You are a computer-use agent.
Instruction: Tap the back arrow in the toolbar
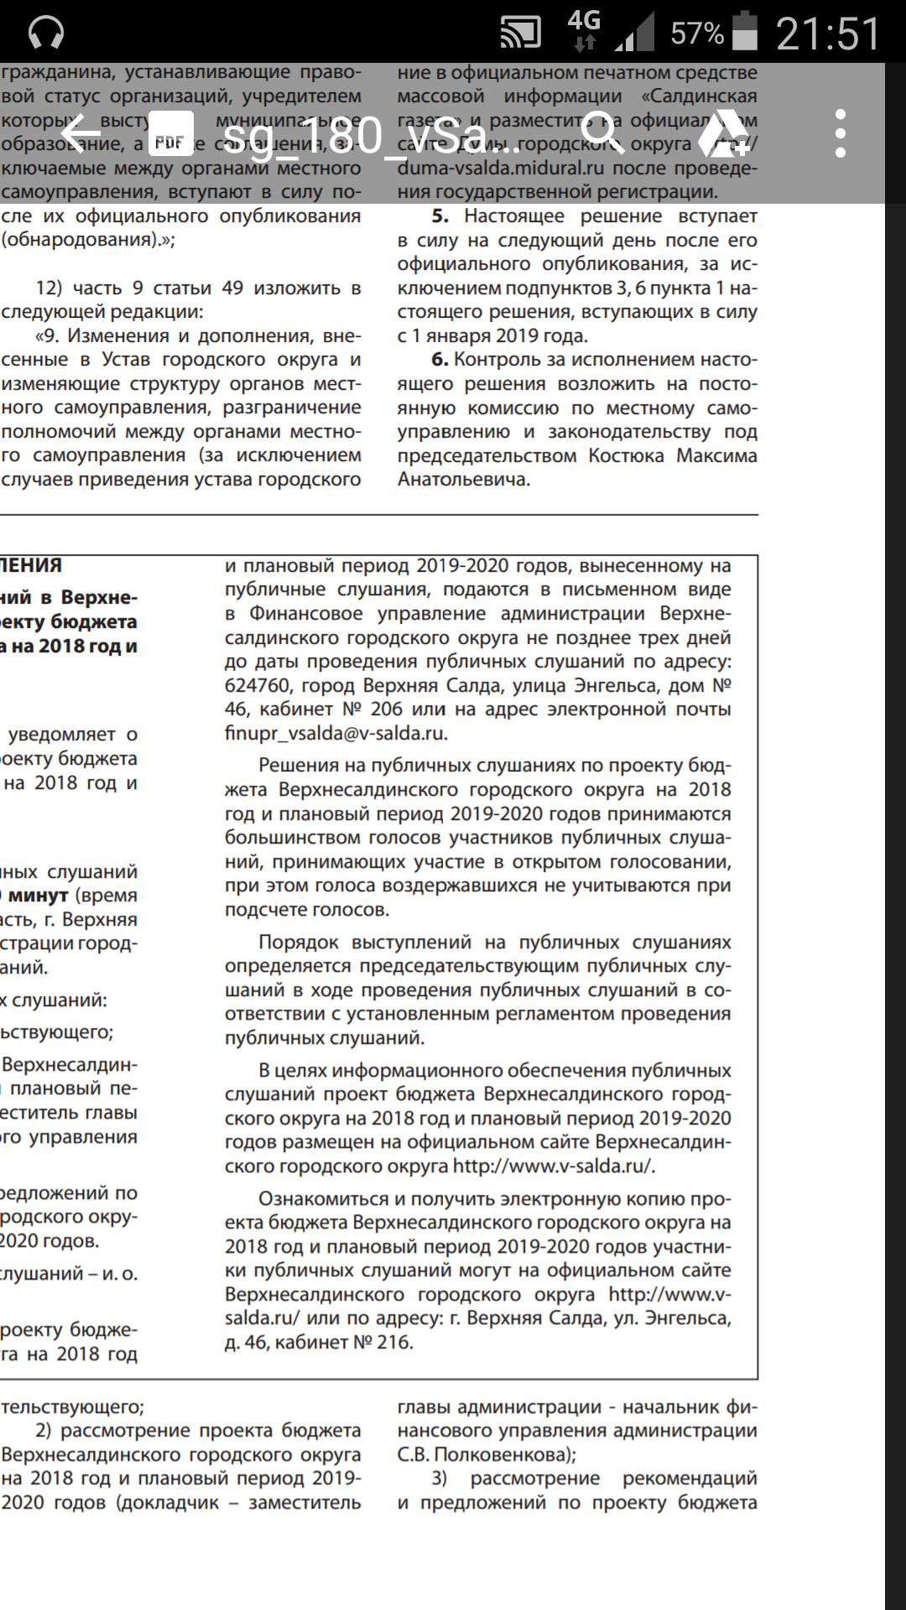81,134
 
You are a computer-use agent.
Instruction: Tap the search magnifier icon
603,133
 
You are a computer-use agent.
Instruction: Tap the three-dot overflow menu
841,133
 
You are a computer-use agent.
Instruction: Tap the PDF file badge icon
170,134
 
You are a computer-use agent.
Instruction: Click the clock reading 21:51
827,34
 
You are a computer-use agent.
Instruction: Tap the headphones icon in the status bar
46,34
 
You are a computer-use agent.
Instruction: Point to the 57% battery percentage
696,34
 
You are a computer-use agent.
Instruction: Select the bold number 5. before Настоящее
440,216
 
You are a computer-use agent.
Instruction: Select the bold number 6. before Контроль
440,360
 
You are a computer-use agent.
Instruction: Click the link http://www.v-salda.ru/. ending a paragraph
554,1166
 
